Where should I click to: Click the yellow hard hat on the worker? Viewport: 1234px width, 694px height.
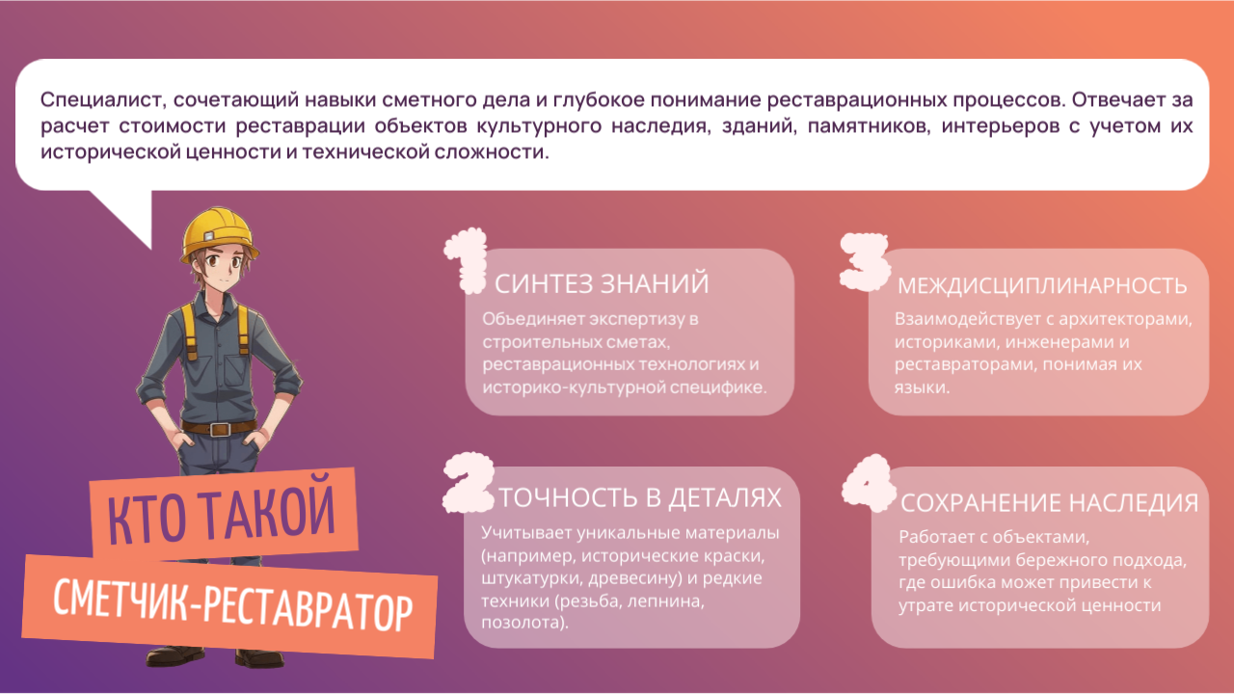(218, 234)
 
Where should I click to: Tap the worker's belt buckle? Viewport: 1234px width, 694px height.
(219, 429)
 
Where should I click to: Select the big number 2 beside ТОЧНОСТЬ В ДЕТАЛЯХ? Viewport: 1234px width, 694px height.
(469, 483)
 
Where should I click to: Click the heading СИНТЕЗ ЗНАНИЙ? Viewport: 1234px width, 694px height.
(602, 284)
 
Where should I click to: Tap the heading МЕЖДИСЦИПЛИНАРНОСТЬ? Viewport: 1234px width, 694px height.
(1042, 286)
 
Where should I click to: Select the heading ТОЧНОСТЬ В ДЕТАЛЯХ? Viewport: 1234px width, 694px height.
(640, 497)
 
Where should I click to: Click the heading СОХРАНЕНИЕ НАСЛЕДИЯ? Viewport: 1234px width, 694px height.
(1050, 503)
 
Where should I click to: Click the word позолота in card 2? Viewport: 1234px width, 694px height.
(523, 624)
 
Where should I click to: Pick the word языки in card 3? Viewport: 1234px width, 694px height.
(920, 387)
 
